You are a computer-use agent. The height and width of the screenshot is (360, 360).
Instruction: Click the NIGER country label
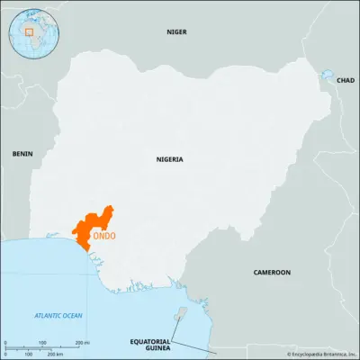tap(176, 31)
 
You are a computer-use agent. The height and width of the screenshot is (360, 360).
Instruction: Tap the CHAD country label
tap(345, 80)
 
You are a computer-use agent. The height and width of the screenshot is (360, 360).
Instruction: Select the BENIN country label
tap(22, 154)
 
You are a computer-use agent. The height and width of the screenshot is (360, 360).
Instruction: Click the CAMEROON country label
tap(271, 271)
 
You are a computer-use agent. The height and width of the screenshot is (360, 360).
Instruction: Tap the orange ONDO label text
tap(104, 237)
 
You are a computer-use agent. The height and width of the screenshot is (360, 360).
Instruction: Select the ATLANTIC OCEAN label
tap(58, 315)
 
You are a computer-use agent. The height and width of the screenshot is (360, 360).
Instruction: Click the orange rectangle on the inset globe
tap(30, 31)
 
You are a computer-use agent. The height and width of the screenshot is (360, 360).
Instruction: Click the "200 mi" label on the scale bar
tap(82, 343)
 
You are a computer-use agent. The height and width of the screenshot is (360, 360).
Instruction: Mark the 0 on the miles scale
tap(6, 343)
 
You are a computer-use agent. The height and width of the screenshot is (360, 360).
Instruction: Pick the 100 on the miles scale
tap(43, 343)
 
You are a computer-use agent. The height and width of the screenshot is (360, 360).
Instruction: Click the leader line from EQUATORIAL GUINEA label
tap(191, 346)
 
